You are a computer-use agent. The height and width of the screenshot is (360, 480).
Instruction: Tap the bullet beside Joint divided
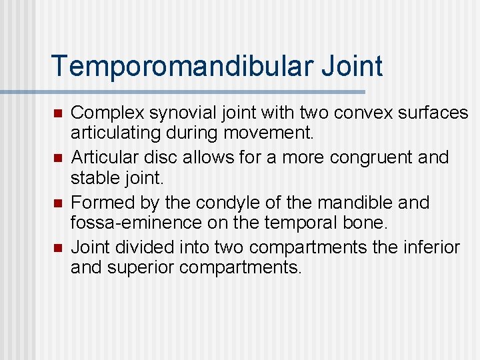tap(58, 248)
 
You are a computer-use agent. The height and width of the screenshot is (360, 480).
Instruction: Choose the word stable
tap(93, 177)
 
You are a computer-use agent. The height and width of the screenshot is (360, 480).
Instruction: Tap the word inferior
tap(435, 248)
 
